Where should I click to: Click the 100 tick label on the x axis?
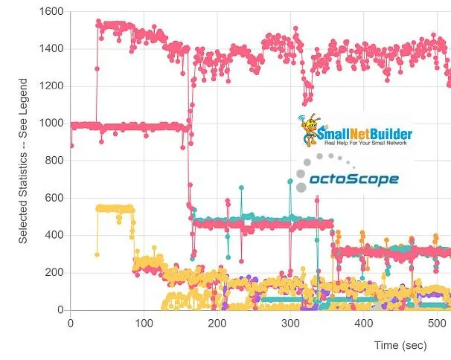pyautogui.click(x=144, y=323)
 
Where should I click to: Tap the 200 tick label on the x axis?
pyautogui.click(x=217, y=323)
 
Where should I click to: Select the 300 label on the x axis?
pyautogui.click(x=290, y=323)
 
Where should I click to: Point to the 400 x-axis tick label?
pyautogui.click(x=363, y=323)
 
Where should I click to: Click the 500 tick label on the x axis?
pyautogui.click(x=437, y=323)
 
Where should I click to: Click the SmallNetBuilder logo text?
pyautogui.click(x=364, y=134)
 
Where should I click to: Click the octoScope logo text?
pyautogui.click(x=354, y=179)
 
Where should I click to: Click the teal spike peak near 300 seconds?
pyautogui.click(x=290, y=181)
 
